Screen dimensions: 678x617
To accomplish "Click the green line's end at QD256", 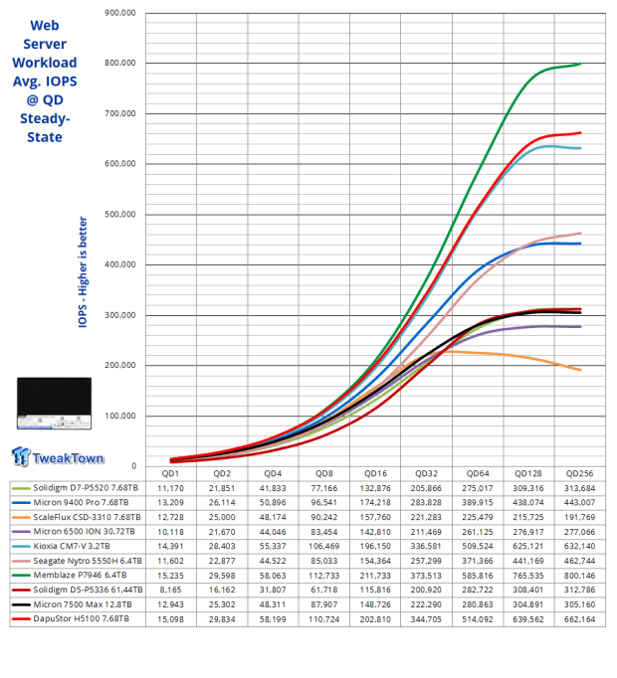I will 581,64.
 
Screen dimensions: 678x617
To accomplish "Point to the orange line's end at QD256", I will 581,370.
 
